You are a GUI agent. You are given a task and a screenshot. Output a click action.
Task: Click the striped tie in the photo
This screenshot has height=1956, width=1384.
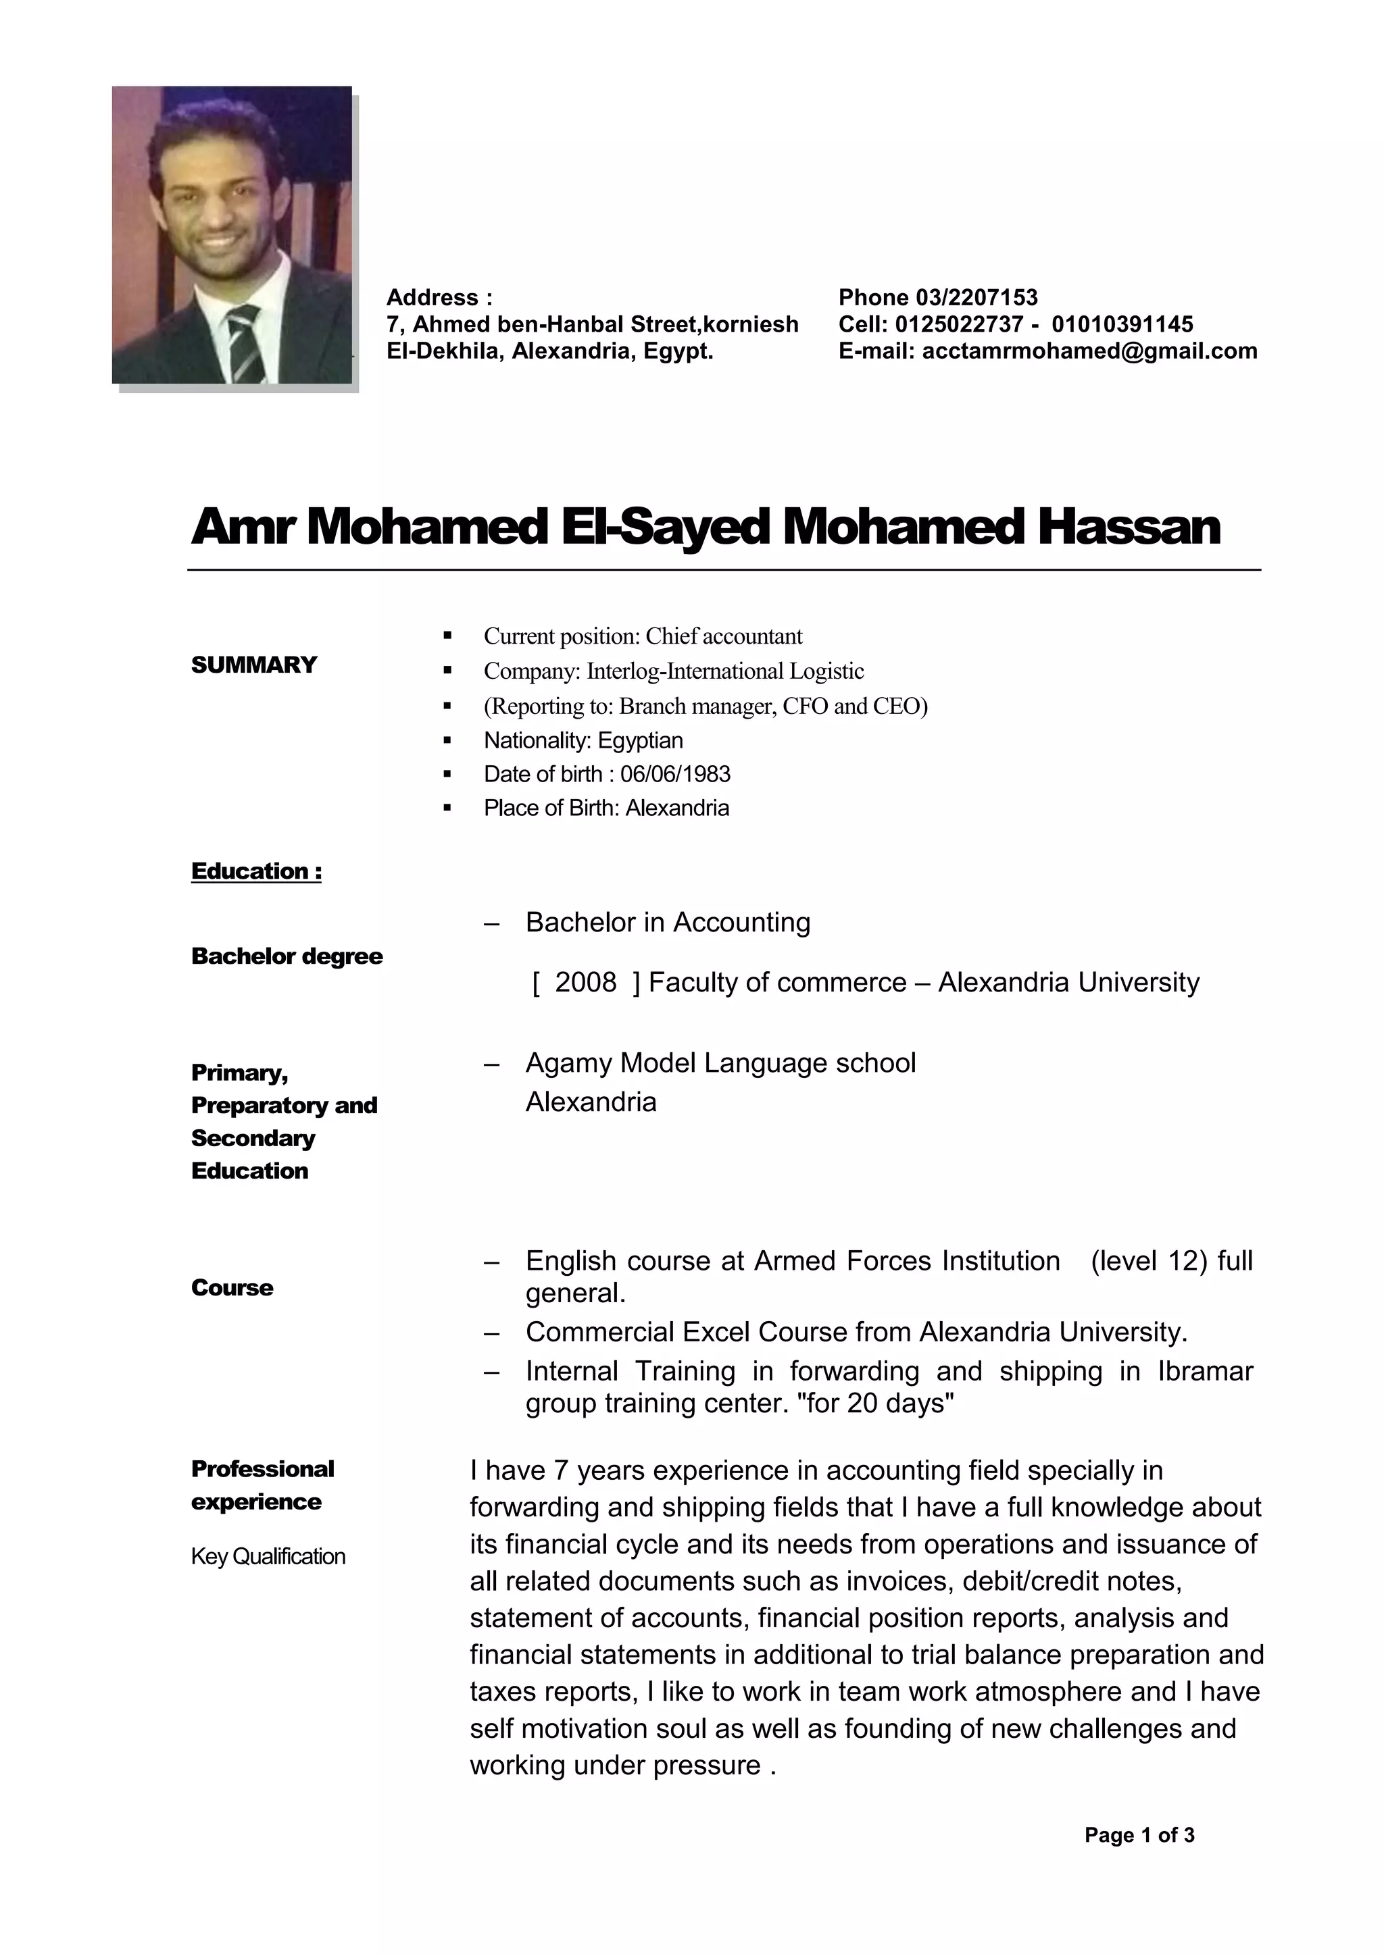click(244, 344)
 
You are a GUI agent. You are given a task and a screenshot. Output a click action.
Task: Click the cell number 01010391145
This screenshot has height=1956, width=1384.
click(1122, 325)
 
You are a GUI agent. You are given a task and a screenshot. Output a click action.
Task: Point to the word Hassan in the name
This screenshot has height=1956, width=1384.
click(1129, 527)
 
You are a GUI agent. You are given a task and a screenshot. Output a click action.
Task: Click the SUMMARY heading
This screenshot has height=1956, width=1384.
click(254, 665)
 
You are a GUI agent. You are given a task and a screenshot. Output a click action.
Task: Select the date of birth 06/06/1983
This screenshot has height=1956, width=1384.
click(675, 775)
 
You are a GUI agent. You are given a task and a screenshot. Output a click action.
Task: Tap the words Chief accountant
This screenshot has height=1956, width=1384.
click(724, 636)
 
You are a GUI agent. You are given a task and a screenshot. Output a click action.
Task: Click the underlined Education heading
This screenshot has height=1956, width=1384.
click(255, 871)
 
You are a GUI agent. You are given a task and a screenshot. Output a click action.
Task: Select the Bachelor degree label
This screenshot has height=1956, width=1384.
click(287, 956)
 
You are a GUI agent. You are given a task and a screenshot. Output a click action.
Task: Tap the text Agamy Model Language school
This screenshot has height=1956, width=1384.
click(720, 1063)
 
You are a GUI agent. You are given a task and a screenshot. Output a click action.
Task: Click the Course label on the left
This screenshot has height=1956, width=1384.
click(232, 1288)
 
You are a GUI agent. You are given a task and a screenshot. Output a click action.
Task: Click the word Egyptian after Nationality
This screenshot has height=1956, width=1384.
click(640, 740)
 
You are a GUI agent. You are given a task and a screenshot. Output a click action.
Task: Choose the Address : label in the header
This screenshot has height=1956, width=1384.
click(439, 297)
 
